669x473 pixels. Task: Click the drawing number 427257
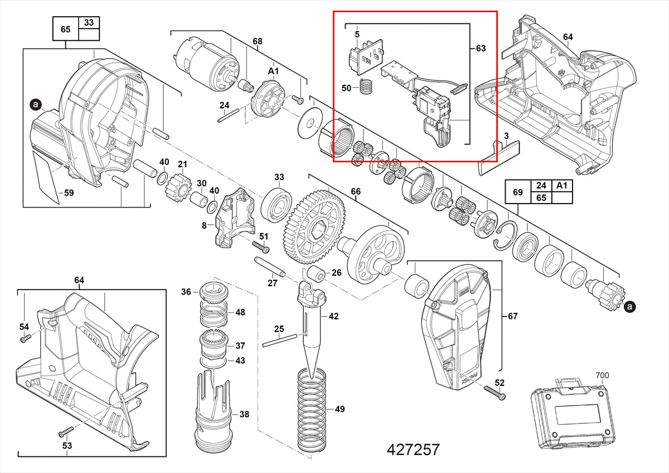coord(413,450)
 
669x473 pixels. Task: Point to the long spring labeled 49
coord(316,410)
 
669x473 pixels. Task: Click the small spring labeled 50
coord(365,88)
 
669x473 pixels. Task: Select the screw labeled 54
coord(24,338)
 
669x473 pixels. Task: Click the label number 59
coord(69,194)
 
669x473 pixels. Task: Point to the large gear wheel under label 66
coord(315,228)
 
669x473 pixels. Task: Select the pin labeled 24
coord(229,115)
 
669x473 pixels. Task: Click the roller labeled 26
coord(318,275)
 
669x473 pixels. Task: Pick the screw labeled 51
coord(261,245)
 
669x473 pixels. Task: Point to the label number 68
coord(257,41)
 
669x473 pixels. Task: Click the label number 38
coord(244,414)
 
